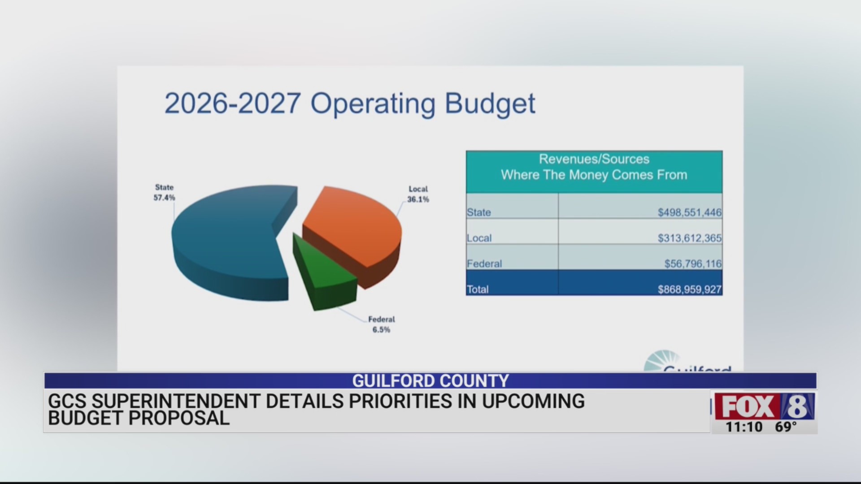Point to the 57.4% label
coord(164,198)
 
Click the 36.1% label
coord(418,199)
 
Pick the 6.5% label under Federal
coord(381,330)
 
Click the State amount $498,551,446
coord(689,212)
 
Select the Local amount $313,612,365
coord(689,238)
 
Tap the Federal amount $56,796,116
coord(693,264)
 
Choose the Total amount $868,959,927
coord(689,290)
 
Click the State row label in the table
coord(479,212)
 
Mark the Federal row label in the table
coord(484,264)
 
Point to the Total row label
coord(478,290)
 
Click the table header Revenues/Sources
coord(594,159)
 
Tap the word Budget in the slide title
coord(490,104)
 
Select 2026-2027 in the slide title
coord(232,104)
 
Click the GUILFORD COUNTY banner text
coord(430,381)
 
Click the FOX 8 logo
coord(764,406)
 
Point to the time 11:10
coord(744,427)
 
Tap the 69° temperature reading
coord(786,427)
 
